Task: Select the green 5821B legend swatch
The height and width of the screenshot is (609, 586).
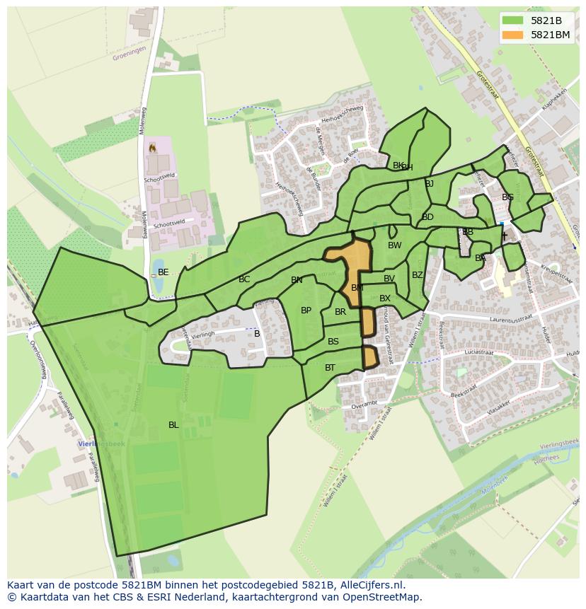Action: tap(512, 20)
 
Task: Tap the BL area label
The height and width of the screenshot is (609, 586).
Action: tap(173, 425)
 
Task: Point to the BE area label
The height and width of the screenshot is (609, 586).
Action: tap(163, 272)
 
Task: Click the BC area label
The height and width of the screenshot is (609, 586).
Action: tap(244, 280)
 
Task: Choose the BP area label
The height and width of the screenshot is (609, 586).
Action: tap(306, 311)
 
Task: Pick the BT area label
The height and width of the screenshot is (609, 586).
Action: tap(330, 368)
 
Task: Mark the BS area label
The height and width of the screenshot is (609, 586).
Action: tap(333, 342)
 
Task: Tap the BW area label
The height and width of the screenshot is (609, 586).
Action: tap(394, 245)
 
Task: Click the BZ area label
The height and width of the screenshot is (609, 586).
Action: tap(418, 275)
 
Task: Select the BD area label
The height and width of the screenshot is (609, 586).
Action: tap(427, 217)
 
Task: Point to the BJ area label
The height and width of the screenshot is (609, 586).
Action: tap(429, 184)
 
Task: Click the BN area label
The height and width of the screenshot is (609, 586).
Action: tap(297, 280)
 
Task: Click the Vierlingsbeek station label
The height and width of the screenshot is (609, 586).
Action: tap(100, 443)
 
